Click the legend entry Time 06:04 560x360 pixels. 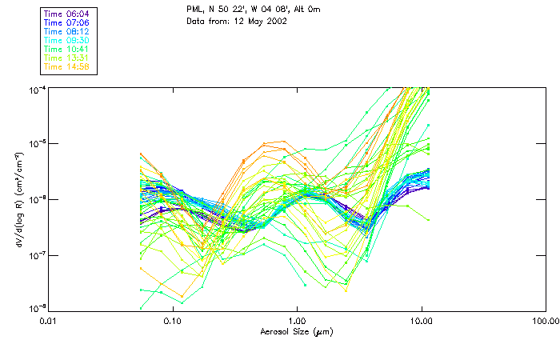67,14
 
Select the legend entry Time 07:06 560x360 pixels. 67,22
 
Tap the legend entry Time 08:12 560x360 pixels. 67,31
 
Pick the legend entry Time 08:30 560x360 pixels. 67,40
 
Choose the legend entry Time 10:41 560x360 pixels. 67,49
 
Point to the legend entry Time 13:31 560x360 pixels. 67,58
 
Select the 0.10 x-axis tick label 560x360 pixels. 173,321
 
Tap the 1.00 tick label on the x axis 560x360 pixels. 297,321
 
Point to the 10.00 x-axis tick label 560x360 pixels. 422,321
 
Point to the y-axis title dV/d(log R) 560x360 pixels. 18,198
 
